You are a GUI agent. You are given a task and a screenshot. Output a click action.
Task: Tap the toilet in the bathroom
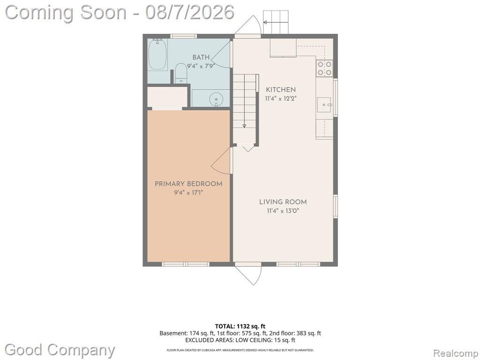pyautogui.click(x=181, y=73)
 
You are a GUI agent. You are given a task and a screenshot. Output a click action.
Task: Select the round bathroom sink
pyautogui.click(x=216, y=99)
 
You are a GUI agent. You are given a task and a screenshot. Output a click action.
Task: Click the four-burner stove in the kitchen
pyautogui.click(x=324, y=68)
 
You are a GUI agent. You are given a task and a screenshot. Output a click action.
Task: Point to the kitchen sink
pyautogui.click(x=324, y=105)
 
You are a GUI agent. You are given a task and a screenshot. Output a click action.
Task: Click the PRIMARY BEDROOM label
pyautogui.click(x=188, y=184)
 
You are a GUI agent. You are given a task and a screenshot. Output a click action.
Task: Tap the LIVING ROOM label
pyautogui.click(x=283, y=202)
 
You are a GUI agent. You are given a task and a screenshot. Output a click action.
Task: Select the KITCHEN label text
pyautogui.click(x=281, y=90)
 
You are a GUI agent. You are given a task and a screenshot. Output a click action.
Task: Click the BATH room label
pyautogui.click(x=201, y=57)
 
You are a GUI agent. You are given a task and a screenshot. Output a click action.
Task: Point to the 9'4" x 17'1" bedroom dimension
pyautogui.click(x=188, y=193)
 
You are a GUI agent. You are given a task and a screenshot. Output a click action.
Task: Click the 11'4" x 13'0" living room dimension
pyautogui.click(x=283, y=211)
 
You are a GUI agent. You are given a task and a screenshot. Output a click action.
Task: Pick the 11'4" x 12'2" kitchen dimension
pyautogui.click(x=281, y=98)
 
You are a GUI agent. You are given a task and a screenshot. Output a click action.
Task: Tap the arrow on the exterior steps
pyautogui.click(x=276, y=22)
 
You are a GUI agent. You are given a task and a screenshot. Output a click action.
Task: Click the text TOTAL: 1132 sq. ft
pyautogui.click(x=238, y=326)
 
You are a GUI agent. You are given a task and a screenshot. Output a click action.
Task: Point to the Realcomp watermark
pyautogui.click(x=456, y=353)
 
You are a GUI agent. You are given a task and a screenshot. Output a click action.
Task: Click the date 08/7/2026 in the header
pyautogui.click(x=190, y=13)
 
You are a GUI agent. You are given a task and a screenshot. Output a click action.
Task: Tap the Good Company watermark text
pyautogui.click(x=60, y=350)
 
